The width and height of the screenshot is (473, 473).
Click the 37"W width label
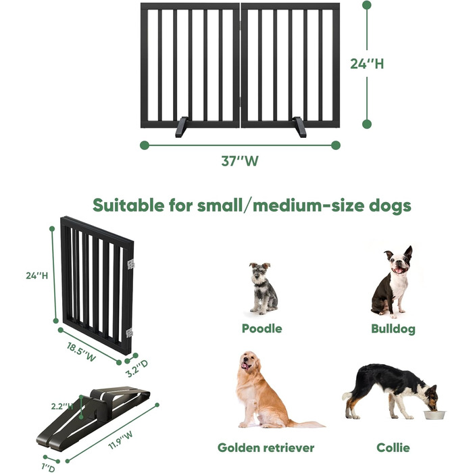240,161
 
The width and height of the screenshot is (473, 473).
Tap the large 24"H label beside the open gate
367,64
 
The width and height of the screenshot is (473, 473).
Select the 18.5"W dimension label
81,352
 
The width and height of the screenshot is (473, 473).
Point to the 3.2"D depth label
137,368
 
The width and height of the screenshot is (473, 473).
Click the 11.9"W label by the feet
120,440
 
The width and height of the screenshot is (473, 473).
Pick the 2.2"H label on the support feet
62,406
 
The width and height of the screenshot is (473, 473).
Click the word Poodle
262,328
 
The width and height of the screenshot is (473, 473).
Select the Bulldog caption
393,329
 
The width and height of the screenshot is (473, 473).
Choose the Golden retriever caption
266,447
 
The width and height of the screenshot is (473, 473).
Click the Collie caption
393,447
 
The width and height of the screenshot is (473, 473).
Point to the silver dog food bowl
434,415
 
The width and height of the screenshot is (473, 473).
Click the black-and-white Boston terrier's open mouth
399,270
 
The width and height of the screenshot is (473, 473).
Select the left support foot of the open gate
182,127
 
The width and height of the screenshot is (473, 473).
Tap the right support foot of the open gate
299,127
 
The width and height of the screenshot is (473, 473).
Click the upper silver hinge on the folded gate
131,264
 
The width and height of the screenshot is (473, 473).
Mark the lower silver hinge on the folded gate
130,333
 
